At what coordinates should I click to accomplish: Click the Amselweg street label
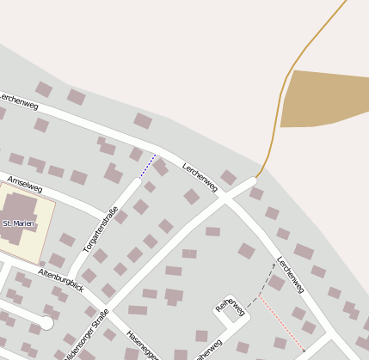point(24,184)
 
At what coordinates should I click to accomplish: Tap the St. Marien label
point(17,223)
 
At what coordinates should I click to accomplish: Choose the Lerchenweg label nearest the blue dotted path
point(199,176)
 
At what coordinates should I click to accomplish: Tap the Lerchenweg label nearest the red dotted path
point(291,274)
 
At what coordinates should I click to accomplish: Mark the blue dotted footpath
point(147,167)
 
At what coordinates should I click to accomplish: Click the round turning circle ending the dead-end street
point(47,324)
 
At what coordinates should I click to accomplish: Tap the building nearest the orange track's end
point(228,177)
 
